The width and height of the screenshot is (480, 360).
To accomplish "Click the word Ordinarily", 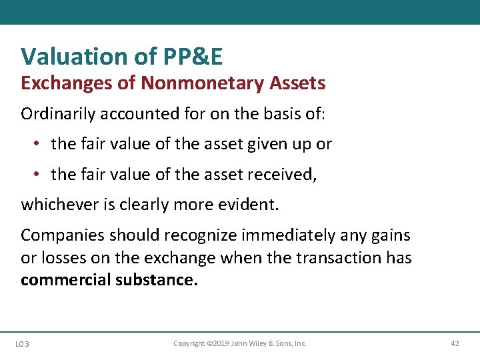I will (58, 114).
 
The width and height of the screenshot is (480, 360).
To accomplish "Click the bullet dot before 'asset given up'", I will (38, 144).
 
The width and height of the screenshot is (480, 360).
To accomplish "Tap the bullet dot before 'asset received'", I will (38, 174).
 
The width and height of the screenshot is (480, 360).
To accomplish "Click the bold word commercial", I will (65, 279).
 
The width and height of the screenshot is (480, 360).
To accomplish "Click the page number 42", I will (455, 343).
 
